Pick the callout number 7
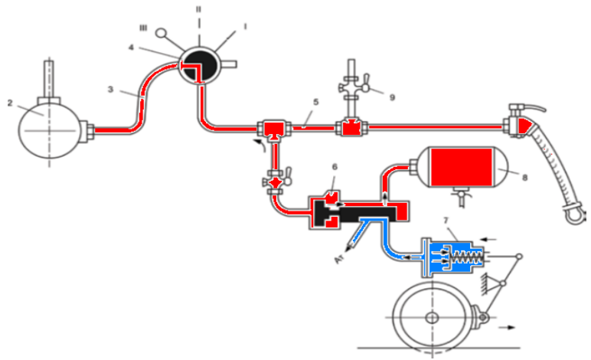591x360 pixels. [x=447, y=221]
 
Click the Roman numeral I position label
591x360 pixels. [x=245, y=26]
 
